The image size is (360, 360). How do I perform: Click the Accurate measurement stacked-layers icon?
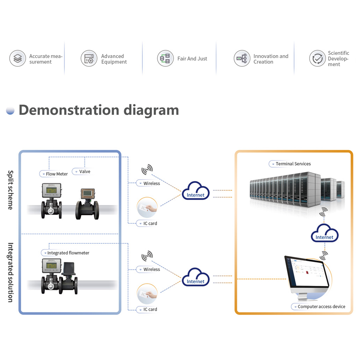click(18, 58)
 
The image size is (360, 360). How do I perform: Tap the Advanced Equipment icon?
click(89, 58)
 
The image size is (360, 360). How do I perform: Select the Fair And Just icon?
click(165, 58)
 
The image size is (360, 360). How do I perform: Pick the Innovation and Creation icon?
click(242, 58)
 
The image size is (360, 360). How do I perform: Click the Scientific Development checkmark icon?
click(318, 58)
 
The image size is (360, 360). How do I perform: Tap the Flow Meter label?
click(56, 174)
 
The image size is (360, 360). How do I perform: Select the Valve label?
click(84, 172)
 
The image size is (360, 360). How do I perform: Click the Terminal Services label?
click(293, 164)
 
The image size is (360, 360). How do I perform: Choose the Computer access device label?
click(321, 306)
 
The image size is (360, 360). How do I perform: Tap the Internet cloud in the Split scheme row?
click(196, 191)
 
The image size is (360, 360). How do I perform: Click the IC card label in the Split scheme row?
click(150, 223)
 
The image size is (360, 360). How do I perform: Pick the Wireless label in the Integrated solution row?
click(151, 269)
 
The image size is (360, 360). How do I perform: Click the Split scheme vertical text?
click(10, 190)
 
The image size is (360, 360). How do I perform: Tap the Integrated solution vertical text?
click(10, 272)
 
